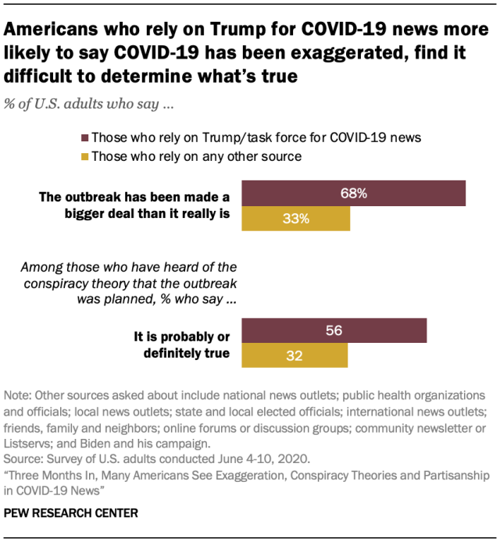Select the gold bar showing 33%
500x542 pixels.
tap(296, 219)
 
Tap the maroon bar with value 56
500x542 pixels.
tap(334, 330)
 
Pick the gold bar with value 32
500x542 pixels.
tap(295, 355)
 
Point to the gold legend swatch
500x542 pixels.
tap(84, 156)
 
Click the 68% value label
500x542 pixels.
tap(354, 193)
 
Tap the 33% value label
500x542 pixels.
tap(296, 219)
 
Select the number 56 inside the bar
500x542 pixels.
tap(334, 330)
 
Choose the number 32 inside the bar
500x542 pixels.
tap(295, 355)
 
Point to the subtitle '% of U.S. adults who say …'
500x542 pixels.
tap(84, 102)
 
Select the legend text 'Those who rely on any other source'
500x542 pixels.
tap(196, 156)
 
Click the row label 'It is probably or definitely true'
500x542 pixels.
tap(184, 344)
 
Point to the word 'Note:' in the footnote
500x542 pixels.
tap(18, 395)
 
